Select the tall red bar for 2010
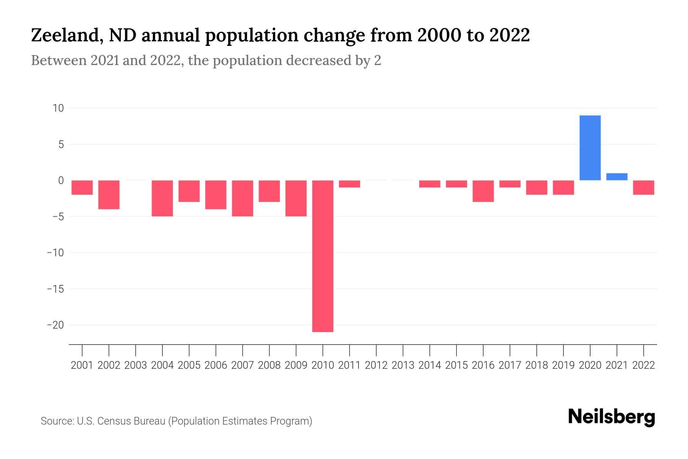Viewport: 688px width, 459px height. point(323,256)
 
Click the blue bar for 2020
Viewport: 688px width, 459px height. point(590,148)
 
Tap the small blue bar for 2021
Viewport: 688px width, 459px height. point(617,177)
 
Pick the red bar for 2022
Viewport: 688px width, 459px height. point(643,187)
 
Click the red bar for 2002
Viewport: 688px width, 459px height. point(109,195)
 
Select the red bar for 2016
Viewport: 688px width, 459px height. point(483,191)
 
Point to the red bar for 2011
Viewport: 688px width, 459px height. point(349,184)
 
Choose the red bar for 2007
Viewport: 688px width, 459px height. point(242,198)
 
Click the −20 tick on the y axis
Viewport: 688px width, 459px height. point(55,325)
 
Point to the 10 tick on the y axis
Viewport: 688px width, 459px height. point(58,108)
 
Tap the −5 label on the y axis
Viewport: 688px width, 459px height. point(55,216)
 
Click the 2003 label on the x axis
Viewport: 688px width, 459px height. point(136,365)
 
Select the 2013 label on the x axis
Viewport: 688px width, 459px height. point(403,365)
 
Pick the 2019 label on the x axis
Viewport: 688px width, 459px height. point(563,365)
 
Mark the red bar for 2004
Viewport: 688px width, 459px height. point(162,198)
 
